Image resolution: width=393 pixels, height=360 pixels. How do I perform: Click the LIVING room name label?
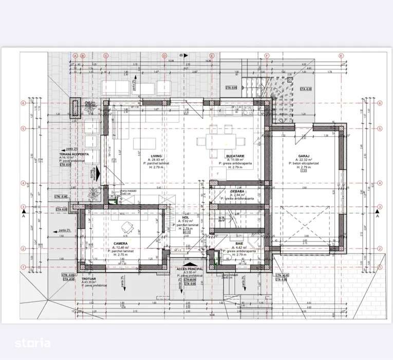tap(156, 156)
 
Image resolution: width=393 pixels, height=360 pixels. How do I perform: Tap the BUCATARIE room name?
tap(234, 156)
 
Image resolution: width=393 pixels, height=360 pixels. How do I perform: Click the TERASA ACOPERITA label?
tap(74, 154)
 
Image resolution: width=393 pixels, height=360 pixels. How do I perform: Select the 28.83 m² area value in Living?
tap(156, 160)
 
